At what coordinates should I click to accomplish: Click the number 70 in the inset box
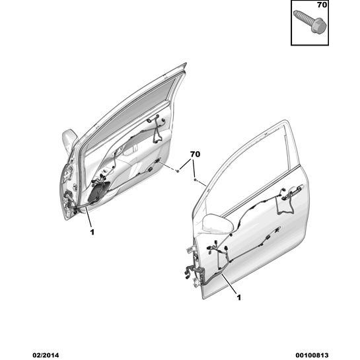(x=322, y=5)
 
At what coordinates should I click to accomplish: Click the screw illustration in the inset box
(x=308, y=22)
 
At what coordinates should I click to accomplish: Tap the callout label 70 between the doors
(x=195, y=155)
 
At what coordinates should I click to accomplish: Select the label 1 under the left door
(x=92, y=232)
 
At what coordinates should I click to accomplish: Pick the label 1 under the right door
(x=239, y=298)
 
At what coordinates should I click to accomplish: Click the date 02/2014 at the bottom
(x=46, y=355)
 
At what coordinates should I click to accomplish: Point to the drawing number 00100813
(x=313, y=355)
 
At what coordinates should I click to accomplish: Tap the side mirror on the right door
(x=218, y=223)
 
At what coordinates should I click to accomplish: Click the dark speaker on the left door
(x=98, y=192)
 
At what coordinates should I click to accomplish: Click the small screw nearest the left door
(x=177, y=170)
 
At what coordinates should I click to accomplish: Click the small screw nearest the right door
(x=196, y=180)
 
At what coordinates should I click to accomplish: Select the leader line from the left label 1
(x=89, y=216)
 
